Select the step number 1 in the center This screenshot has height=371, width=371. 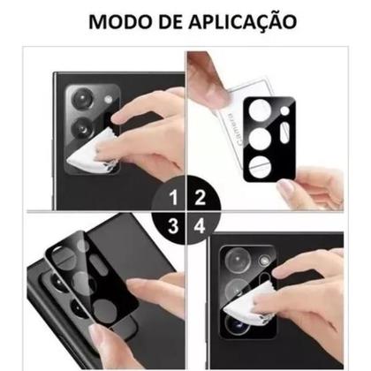[x=174, y=197]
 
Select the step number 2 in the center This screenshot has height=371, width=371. [x=199, y=197]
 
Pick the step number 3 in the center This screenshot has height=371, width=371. [x=174, y=226]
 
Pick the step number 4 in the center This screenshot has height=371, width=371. [x=199, y=226]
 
